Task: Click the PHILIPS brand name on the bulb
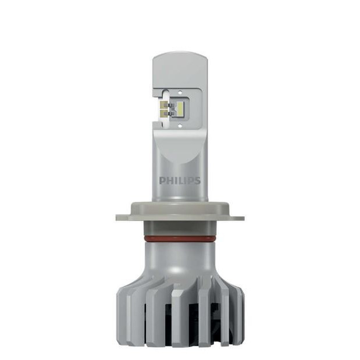[180, 180]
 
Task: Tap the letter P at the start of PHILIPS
[162, 180]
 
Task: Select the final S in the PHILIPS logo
[197, 180]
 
